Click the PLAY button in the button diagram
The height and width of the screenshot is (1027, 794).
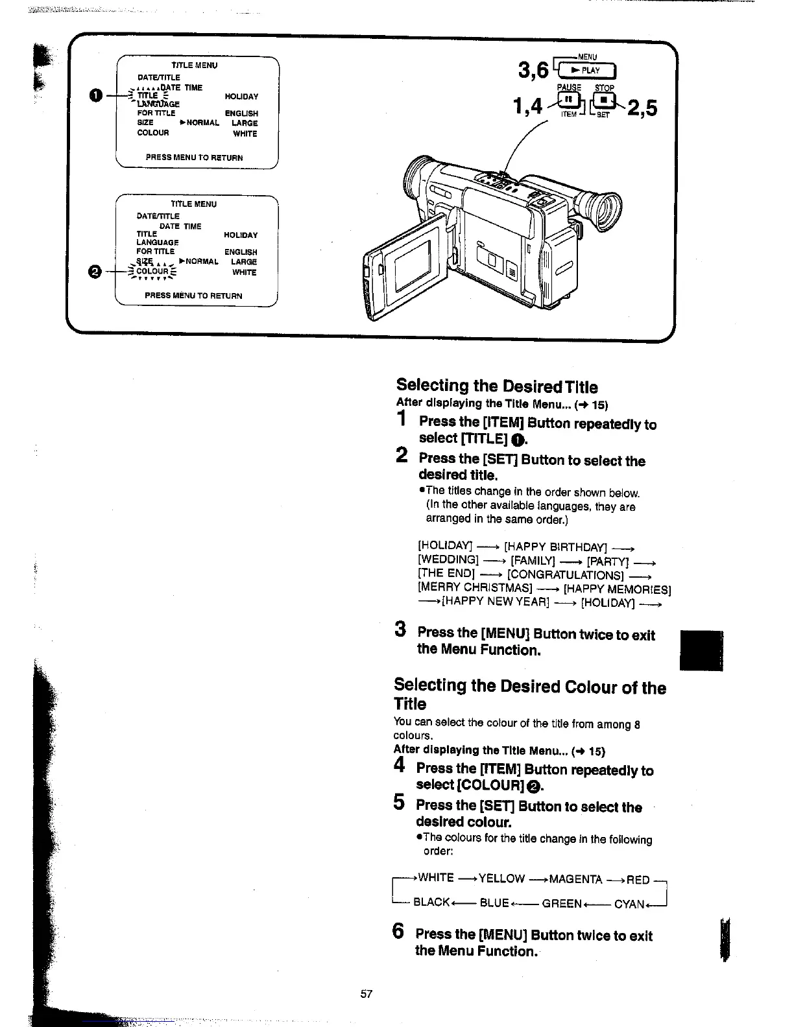(588, 71)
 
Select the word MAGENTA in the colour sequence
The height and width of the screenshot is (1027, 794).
(575, 879)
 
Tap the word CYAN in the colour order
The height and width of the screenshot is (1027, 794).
(629, 904)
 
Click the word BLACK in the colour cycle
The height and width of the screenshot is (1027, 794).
(431, 902)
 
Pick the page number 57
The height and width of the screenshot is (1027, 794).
(367, 994)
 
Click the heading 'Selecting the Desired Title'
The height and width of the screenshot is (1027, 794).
(497, 386)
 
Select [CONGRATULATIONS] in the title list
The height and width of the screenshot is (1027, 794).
(566, 574)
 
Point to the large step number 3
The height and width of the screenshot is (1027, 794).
(401, 630)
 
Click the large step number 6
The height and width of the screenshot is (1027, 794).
(399, 932)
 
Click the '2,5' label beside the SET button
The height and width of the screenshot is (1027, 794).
(642, 108)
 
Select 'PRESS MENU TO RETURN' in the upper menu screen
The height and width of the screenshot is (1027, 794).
(195, 158)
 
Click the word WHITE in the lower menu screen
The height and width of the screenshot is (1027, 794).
(245, 273)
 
